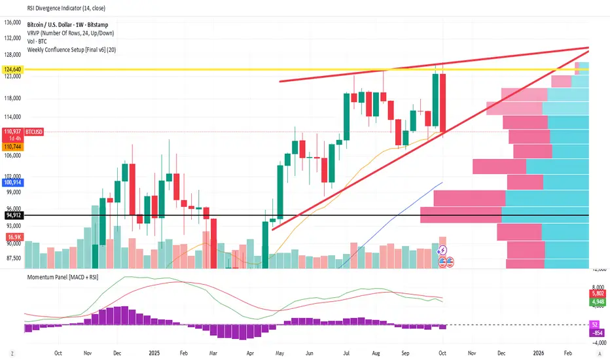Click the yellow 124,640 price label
coord(12,69)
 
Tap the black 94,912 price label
coord(12,215)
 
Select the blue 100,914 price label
coord(12,184)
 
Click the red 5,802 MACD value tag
coord(598,295)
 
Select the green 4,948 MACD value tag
coord(598,302)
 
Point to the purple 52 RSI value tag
coord(595,325)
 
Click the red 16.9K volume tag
coord(12,236)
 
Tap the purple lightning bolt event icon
coord(442,249)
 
